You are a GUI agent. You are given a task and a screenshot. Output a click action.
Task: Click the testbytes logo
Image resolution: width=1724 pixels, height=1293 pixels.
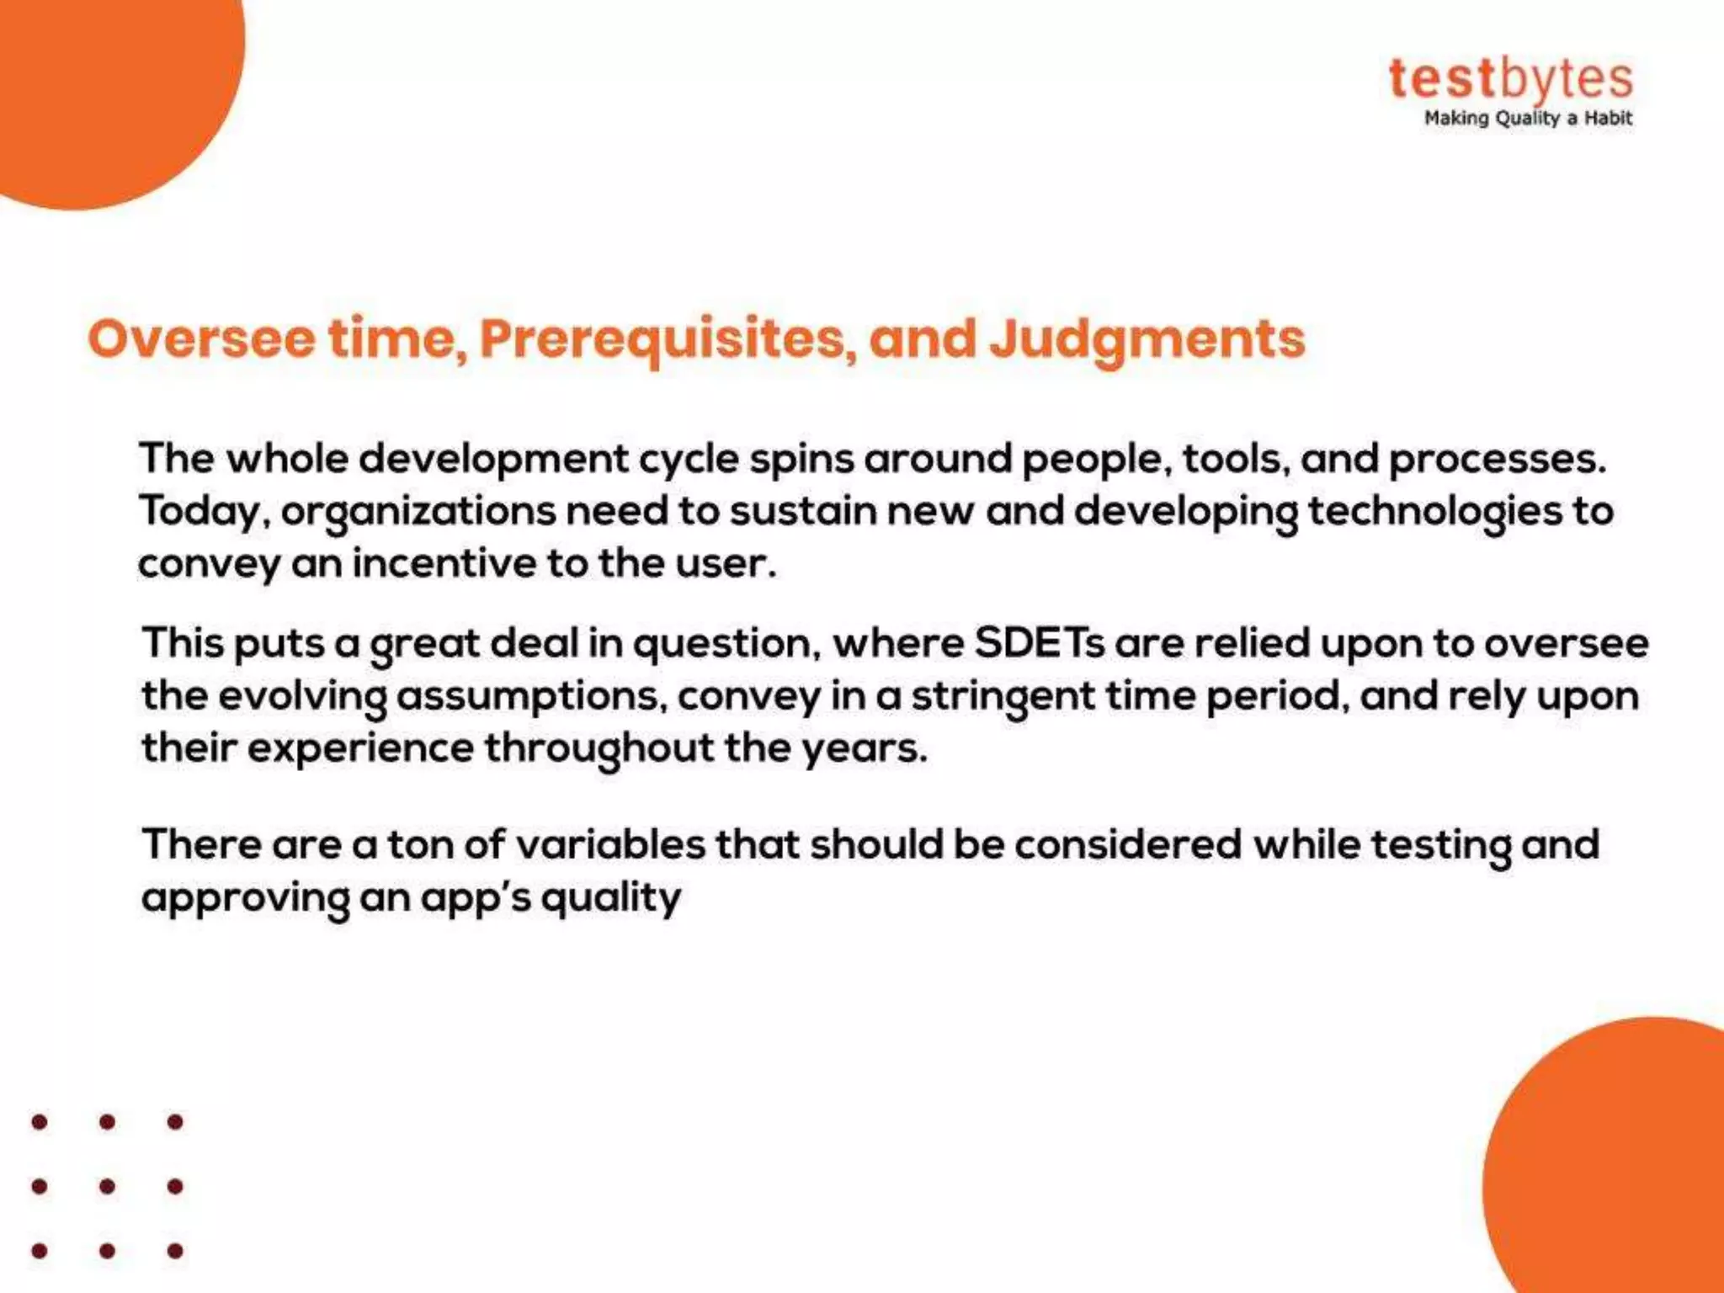[x=1510, y=80]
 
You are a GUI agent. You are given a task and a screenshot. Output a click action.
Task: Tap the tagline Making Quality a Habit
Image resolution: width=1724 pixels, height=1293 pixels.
[x=1527, y=119]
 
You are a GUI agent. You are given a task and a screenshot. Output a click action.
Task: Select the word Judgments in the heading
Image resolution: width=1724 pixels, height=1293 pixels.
[x=1147, y=339]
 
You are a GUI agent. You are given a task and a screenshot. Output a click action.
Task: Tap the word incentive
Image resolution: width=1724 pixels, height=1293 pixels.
[x=443, y=563]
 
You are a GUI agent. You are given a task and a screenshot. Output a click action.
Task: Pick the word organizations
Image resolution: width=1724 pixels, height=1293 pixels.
[x=418, y=512]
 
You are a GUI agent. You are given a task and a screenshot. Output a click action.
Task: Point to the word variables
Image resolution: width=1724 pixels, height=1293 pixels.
[x=609, y=844]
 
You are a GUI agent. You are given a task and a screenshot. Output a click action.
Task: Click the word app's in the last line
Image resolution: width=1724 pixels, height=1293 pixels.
[x=475, y=898]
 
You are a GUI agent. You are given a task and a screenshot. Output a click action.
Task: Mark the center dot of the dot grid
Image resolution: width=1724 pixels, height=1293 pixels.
[x=107, y=1186]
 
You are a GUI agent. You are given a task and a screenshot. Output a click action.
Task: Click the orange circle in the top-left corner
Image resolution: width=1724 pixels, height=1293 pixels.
[x=101, y=84]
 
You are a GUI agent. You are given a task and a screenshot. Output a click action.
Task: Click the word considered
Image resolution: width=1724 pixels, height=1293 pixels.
[x=1127, y=844]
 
